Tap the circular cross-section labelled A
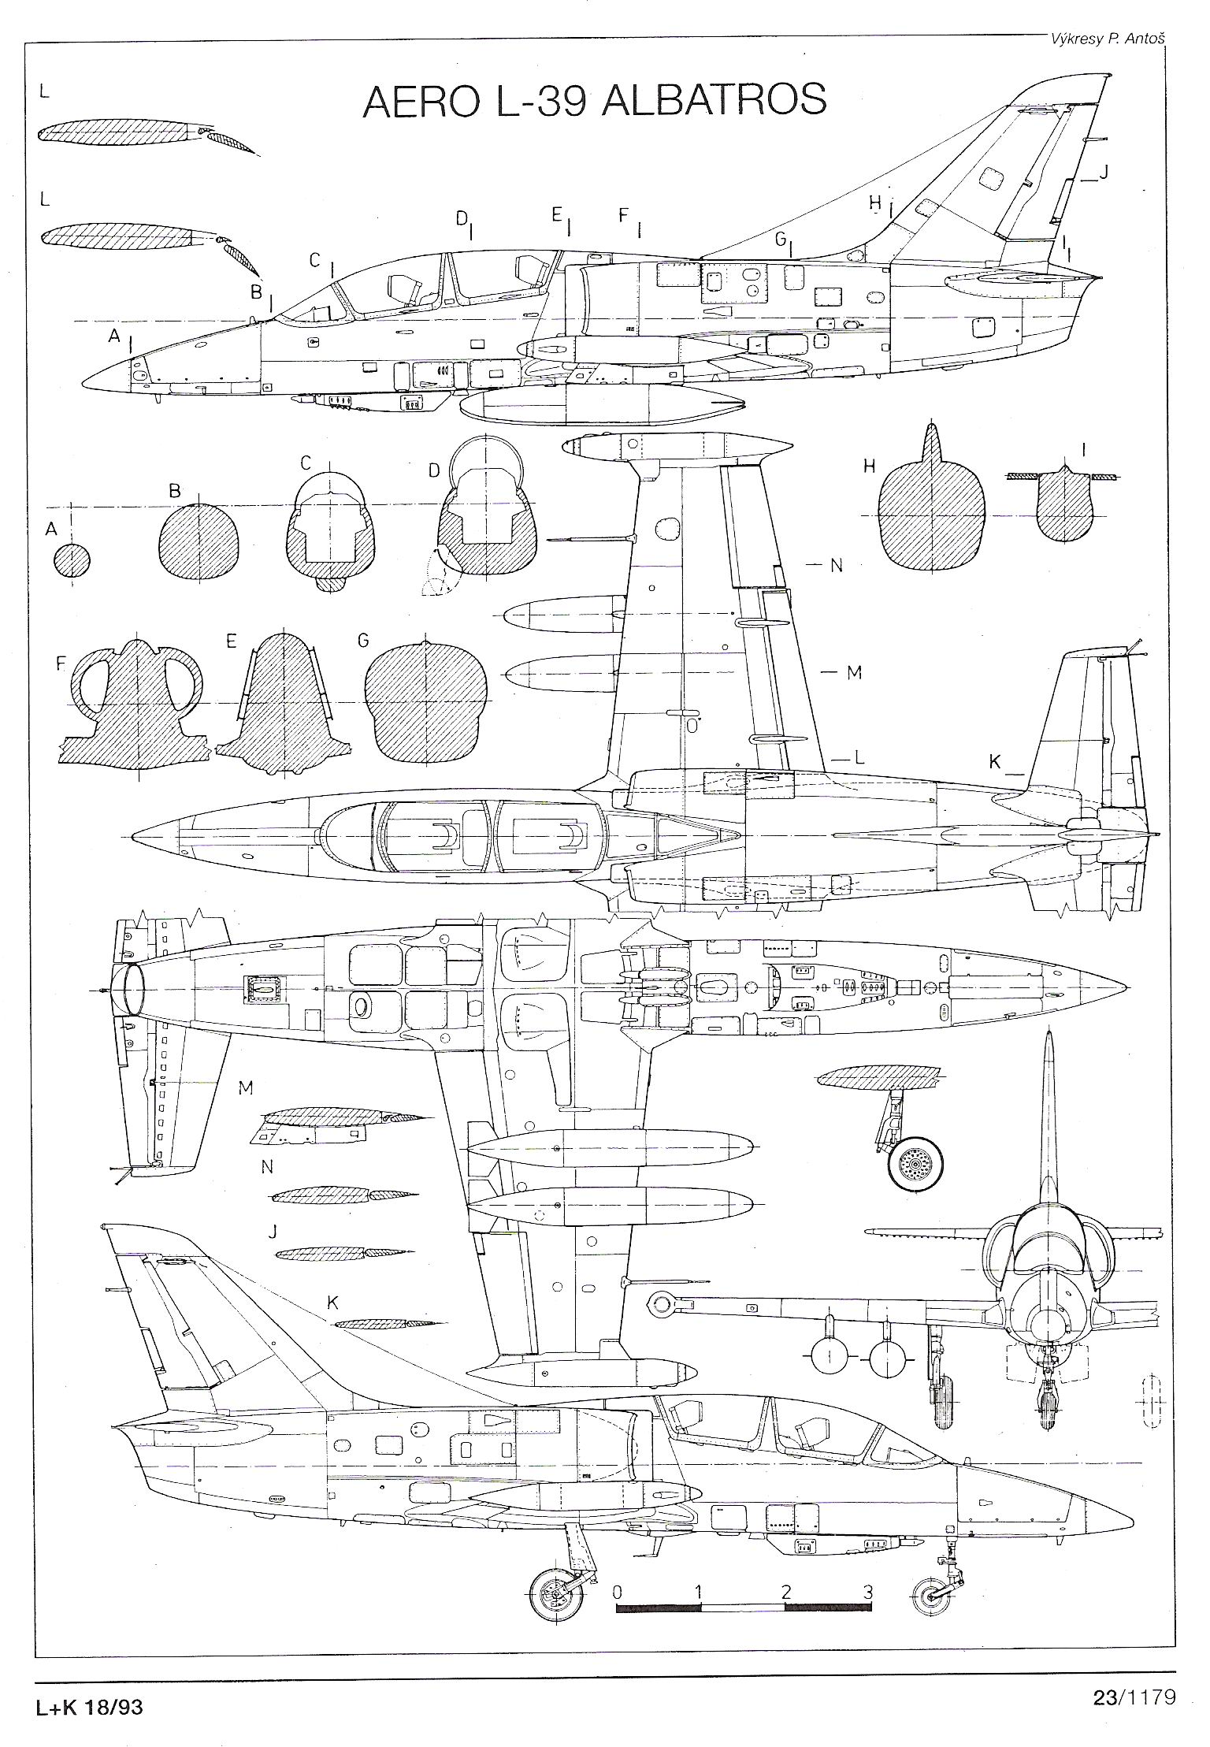(72, 560)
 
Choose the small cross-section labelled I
(1064, 507)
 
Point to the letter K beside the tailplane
(995, 761)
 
